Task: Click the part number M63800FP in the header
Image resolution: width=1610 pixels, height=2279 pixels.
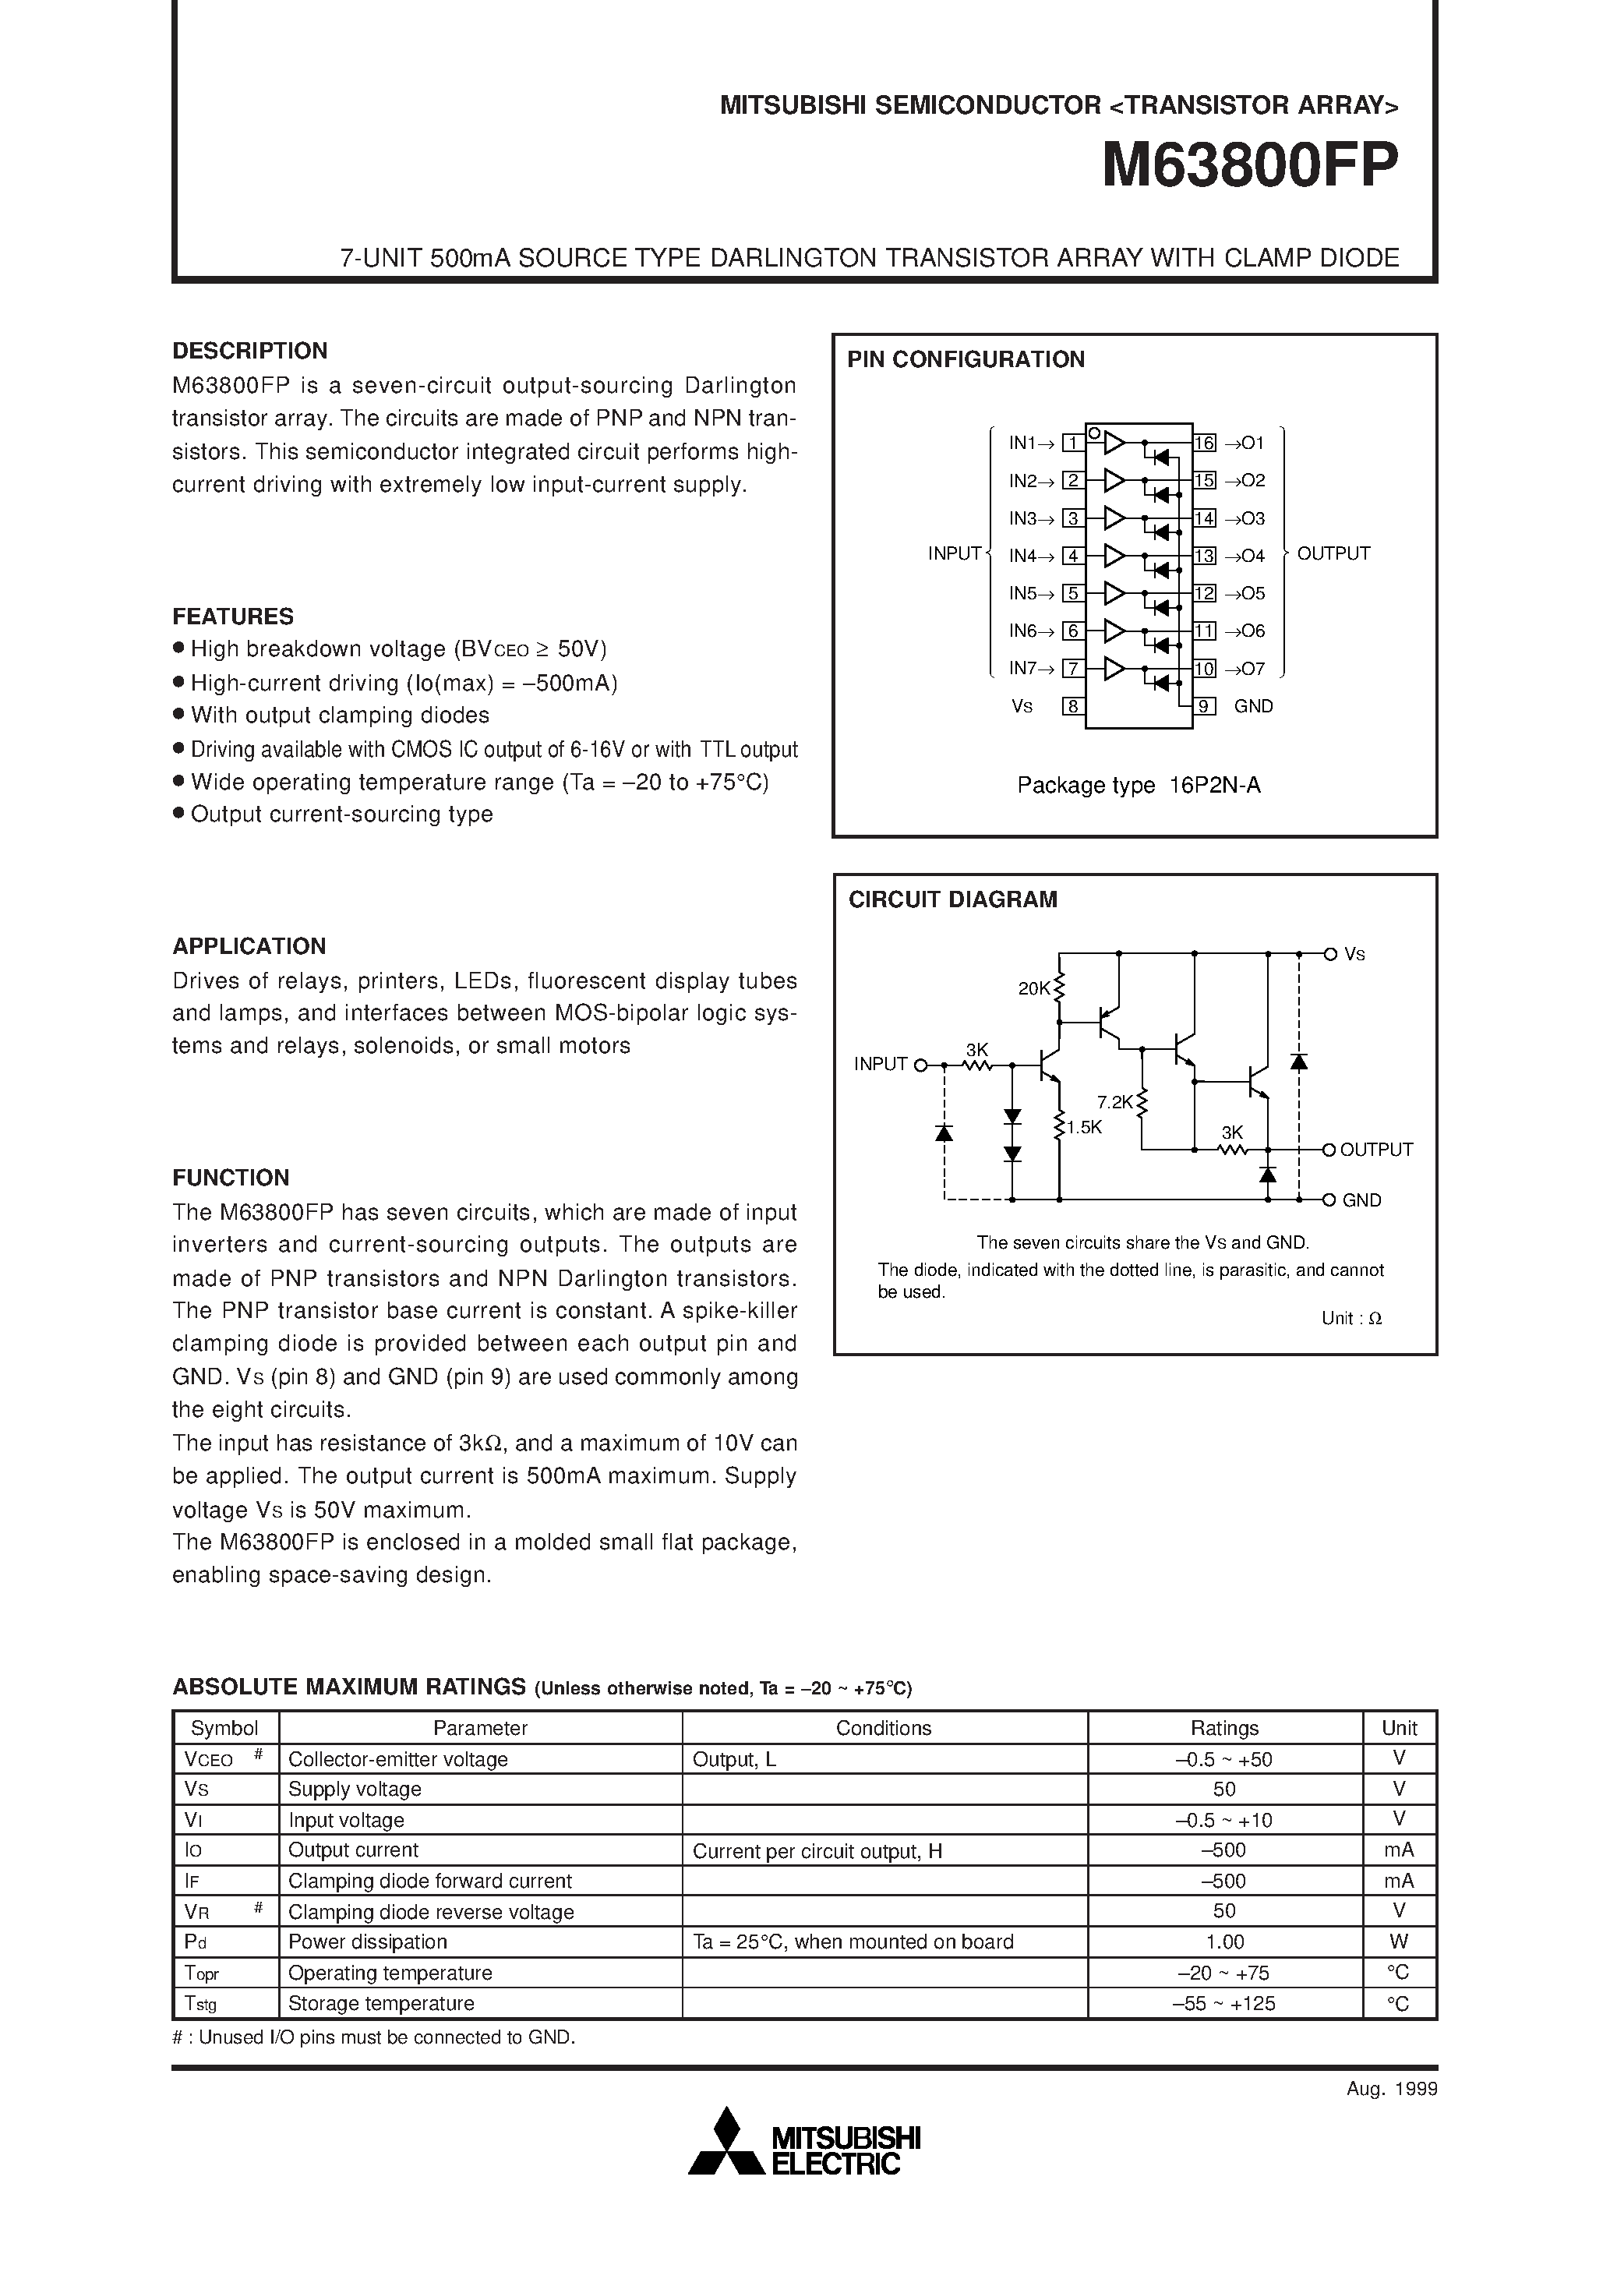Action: point(1250,166)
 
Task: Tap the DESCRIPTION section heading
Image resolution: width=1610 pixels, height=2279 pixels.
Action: point(249,351)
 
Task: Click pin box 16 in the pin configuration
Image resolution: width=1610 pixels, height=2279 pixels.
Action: point(1204,443)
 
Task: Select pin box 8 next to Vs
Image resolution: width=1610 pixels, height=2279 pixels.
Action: point(1072,707)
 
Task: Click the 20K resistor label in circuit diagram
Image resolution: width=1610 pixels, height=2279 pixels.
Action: point(1033,988)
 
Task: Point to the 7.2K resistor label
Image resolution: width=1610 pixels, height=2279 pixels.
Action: point(1114,1102)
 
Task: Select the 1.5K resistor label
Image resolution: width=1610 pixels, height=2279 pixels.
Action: point(1084,1128)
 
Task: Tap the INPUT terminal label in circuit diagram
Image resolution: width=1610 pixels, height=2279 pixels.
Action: point(881,1064)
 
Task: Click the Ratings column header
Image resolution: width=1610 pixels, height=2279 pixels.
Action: point(1224,1728)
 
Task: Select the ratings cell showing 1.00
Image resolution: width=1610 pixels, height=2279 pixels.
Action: point(1224,1942)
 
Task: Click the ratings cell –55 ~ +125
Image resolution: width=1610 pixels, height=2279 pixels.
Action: point(1224,2003)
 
